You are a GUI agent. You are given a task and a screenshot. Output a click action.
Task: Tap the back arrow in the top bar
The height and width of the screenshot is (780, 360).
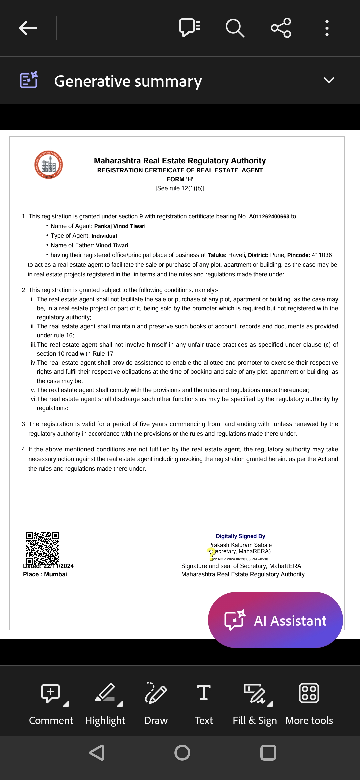(x=28, y=28)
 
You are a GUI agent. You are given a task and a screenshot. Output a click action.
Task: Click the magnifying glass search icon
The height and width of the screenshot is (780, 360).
(x=235, y=28)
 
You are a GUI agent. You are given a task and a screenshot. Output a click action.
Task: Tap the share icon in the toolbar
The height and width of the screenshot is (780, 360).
(x=281, y=28)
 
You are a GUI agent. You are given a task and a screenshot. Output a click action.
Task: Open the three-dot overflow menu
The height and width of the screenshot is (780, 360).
(x=327, y=28)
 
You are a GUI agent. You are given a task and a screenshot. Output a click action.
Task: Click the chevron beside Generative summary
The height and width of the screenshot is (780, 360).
(x=329, y=80)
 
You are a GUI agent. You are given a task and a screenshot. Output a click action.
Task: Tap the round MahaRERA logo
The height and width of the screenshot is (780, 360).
(x=49, y=165)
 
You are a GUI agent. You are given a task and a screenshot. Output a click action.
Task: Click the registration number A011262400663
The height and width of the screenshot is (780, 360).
(x=269, y=216)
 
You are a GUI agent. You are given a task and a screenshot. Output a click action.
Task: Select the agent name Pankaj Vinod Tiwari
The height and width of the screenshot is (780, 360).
(x=120, y=226)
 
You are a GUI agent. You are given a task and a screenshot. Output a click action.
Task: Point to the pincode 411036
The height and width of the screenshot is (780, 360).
(x=322, y=255)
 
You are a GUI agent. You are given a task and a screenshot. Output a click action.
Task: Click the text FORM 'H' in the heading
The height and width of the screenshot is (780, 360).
(x=180, y=179)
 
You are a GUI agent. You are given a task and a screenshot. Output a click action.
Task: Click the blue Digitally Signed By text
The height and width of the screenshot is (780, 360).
(x=240, y=536)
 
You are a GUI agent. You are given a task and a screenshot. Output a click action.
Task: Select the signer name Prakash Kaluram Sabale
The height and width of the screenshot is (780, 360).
(x=240, y=545)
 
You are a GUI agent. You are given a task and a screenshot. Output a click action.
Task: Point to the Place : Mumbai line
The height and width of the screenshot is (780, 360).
(x=45, y=574)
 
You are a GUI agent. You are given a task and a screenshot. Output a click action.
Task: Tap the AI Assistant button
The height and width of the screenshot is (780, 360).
(x=275, y=620)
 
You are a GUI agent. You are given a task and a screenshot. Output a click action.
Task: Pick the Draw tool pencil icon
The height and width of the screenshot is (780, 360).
(x=156, y=693)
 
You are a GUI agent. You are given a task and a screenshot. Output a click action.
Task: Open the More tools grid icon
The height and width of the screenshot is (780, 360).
(x=309, y=693)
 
